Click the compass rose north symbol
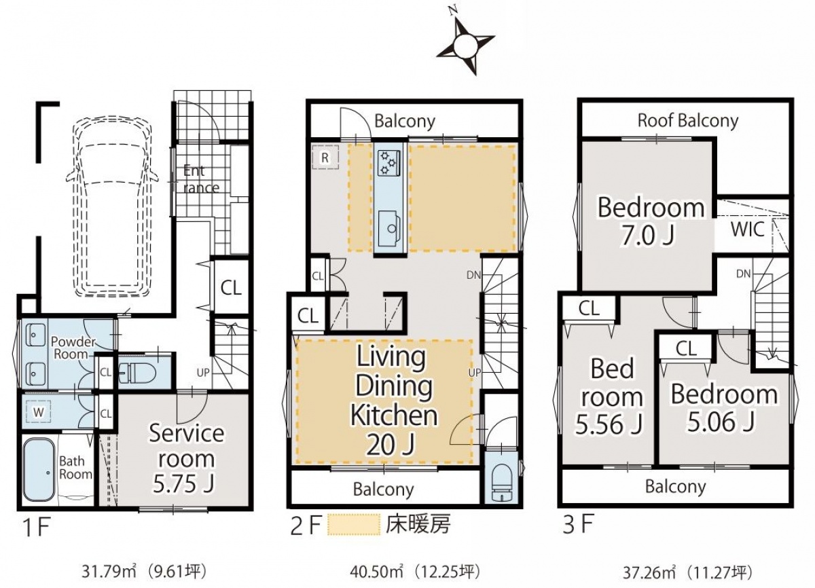coord(465,45)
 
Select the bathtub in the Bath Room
coord(39,469)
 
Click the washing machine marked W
coord(38,412)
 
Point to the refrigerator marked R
coord(325,158)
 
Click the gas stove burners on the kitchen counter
coord(388,163)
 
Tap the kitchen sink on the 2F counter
coord(389,227)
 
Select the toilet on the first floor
coord(137,372)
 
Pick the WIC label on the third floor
coord(747,229)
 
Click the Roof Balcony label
coord(687,121)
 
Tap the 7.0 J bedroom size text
coord(648,236)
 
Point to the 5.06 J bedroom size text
coord(721,422)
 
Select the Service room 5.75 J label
coord(185,459)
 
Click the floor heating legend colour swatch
coord(354,524)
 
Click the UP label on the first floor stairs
coord(203,372)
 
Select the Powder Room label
coord(73,348)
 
